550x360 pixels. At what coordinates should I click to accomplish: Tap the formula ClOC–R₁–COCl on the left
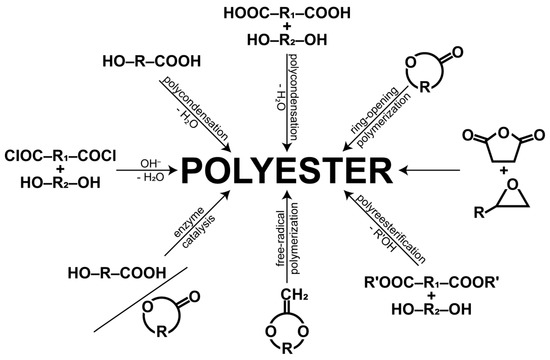click(61, 156)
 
